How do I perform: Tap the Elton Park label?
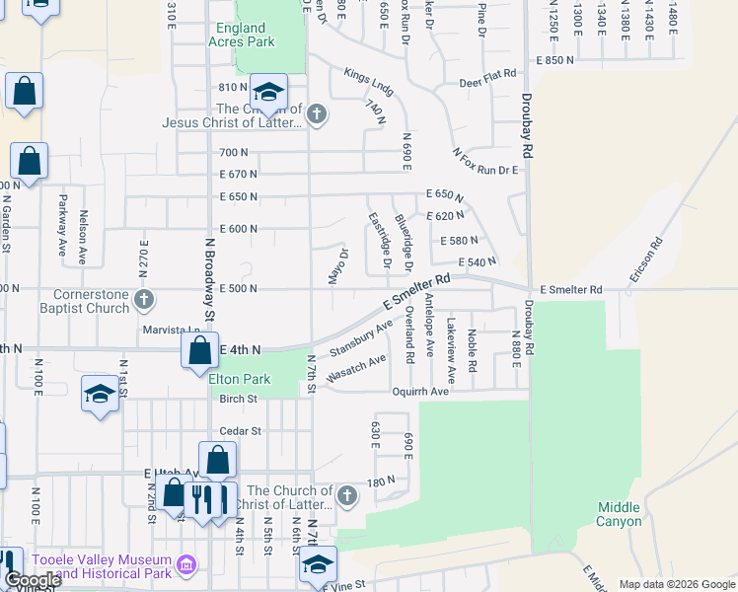pos(240,378)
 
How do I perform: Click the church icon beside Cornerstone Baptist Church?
pos(144,299)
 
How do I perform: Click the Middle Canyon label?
pos(619,514)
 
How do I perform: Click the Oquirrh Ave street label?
pos(449,391)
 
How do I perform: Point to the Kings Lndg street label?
pos(369,82)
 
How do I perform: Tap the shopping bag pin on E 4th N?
pos(200,350)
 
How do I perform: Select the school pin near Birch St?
pos(100,396)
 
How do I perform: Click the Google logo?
pos(32,580)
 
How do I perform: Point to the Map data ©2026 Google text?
pos(676,584)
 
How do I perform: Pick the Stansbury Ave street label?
pos(354,341)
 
